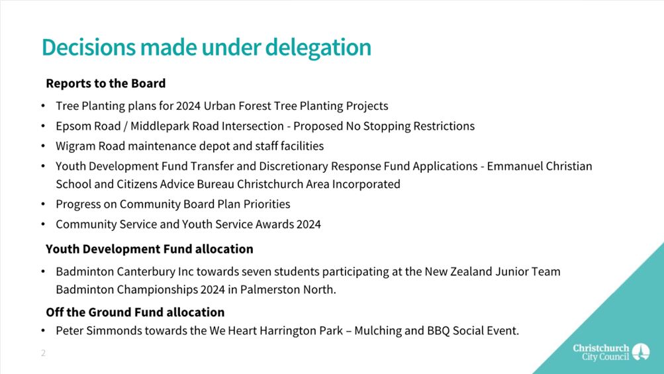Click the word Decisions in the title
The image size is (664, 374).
[x=89, y=47]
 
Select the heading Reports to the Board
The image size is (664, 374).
[x=106, y=83]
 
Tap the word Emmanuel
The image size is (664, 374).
[x=514, y=166]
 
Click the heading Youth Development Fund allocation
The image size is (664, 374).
[x=150, y=249]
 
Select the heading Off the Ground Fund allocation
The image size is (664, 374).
[x=135, y=312]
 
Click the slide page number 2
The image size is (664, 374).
[x=43, y=353]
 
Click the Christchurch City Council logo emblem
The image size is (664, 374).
[x=641, y=352]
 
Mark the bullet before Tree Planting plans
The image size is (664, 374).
[x=43, y=106]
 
